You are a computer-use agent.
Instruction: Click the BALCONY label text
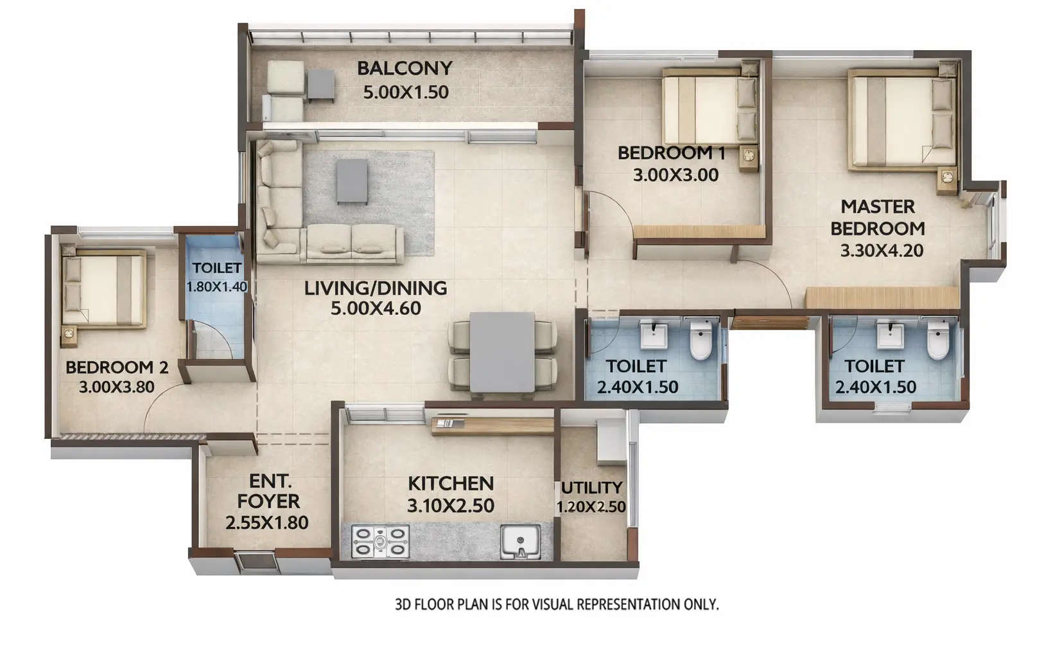pos(405,68)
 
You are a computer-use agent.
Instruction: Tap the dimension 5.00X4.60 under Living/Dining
pos(376,308)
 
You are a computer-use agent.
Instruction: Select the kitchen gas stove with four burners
pos(380,541)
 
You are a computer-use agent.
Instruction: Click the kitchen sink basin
pos(521,541)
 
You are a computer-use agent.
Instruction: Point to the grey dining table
pos(501,351)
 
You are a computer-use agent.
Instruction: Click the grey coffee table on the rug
pos(352,181)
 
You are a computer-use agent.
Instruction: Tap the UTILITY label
pos(591,488)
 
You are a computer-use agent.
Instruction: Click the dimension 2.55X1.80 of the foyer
pos(266,523)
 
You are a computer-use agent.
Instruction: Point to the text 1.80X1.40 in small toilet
pos(216,287)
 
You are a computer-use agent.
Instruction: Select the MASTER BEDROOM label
pos(877,217)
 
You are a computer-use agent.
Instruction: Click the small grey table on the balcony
pos(320,85)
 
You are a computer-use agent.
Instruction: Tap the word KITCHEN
pos(451,483)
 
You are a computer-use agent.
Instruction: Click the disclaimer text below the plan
pos(556,605)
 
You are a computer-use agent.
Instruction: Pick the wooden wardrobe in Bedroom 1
pos(700,233)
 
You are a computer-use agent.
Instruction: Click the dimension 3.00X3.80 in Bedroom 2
pos(116,387)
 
